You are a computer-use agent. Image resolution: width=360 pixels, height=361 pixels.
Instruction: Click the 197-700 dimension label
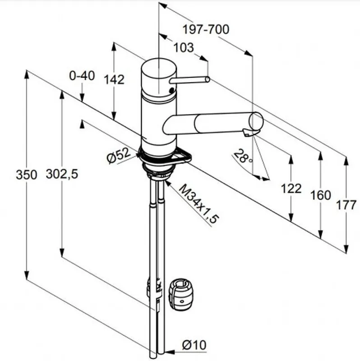tap(206, 30)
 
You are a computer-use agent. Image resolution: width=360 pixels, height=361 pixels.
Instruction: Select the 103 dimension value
tap(183, 47)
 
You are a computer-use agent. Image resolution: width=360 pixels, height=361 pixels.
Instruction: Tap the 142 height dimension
tap(114, 79)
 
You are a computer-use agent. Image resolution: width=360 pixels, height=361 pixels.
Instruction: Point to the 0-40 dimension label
tap(82, 75)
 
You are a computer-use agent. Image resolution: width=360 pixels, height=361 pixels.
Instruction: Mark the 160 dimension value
tap(320, 195)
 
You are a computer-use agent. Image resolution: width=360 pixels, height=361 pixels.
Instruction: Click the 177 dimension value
tap(346, 204)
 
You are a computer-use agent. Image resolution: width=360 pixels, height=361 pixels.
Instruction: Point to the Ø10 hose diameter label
tap(194, 345)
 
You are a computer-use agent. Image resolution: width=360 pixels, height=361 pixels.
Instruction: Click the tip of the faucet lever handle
tap(207, 79)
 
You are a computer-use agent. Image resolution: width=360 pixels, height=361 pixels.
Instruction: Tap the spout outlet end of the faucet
tap(256, 122)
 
